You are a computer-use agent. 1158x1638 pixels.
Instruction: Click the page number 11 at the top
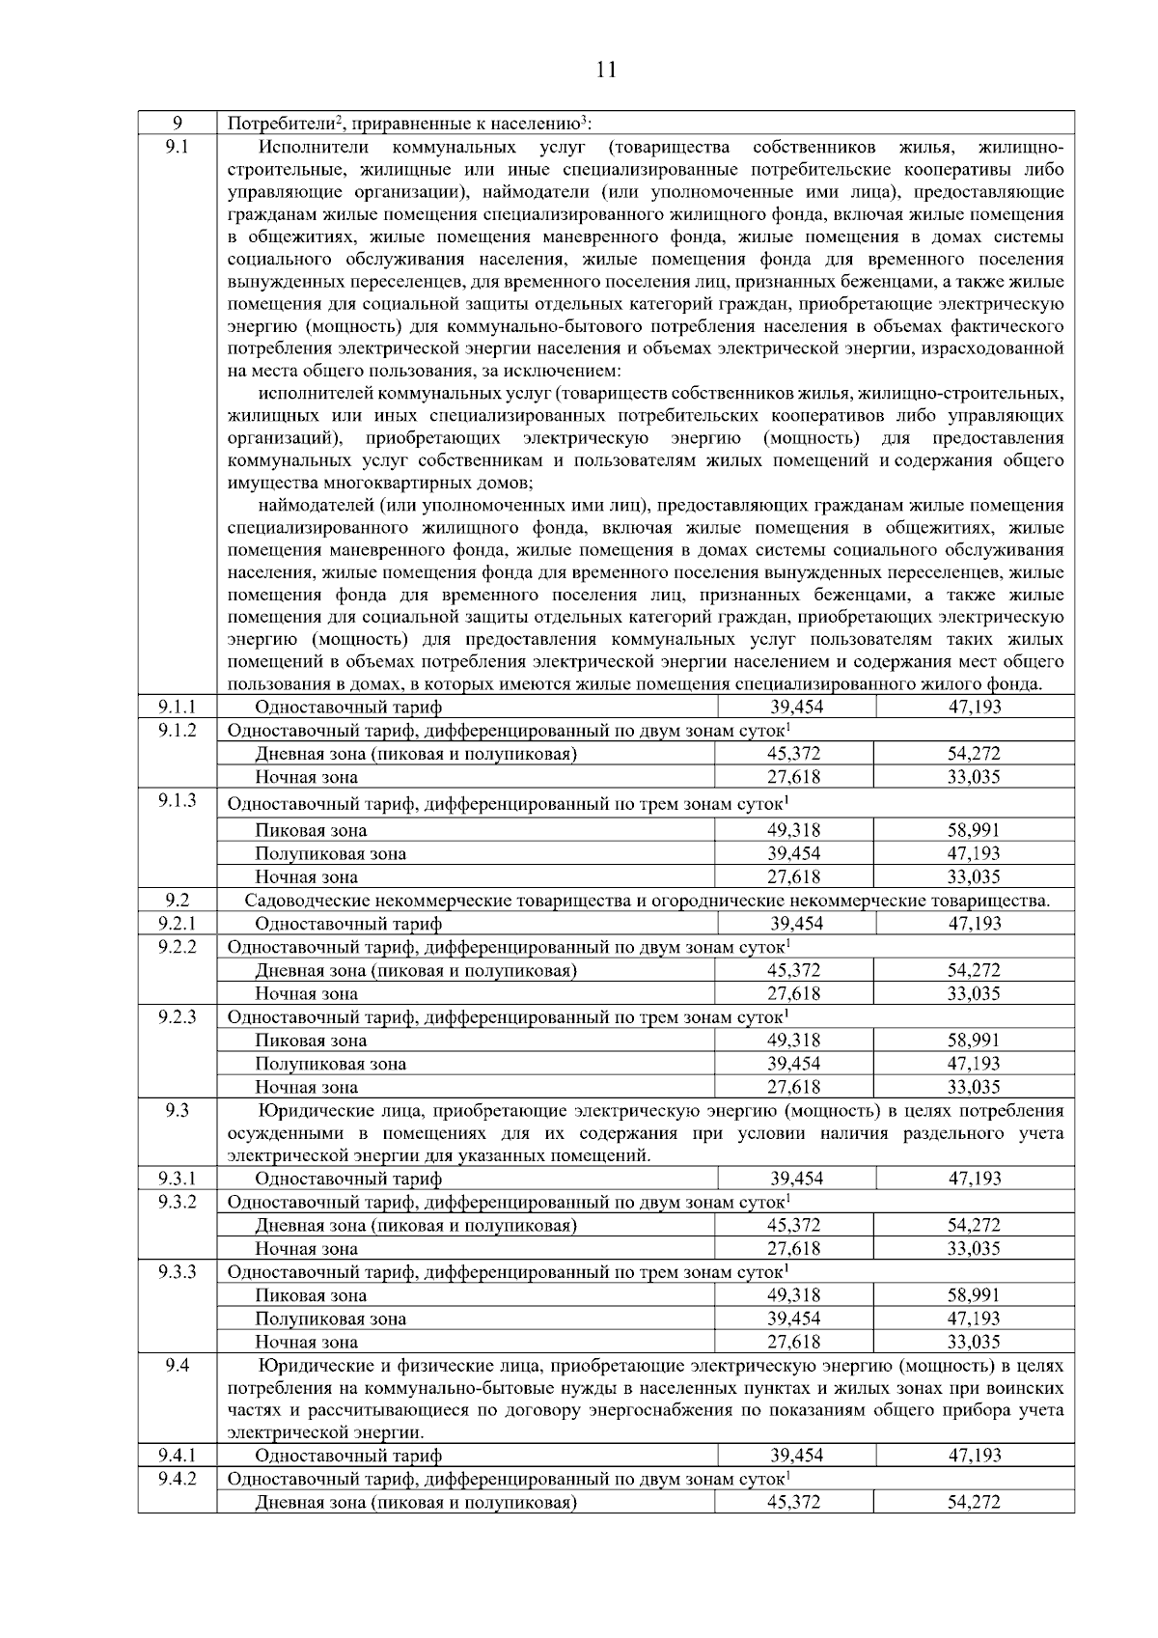605,69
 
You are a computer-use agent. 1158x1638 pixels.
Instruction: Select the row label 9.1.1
178,708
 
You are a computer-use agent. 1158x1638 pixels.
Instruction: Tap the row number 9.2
178,901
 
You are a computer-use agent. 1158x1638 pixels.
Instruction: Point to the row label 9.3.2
178,1202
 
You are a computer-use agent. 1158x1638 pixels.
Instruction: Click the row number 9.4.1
178,1456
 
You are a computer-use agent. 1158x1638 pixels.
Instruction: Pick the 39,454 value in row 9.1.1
796,708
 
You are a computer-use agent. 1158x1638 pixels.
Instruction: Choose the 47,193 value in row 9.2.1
975,924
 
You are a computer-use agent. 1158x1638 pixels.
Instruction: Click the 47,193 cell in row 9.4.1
975,1456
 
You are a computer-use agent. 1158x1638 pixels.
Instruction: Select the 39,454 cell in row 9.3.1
796,1179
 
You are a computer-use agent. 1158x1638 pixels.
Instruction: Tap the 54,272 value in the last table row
975,1503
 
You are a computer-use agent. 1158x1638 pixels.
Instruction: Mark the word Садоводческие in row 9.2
299,902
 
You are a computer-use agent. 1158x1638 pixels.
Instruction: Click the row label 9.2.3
178,1016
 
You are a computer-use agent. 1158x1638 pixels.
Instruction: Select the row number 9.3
178,1111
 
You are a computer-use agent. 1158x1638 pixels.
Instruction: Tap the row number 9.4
178,1366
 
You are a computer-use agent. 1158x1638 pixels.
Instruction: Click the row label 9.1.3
178,800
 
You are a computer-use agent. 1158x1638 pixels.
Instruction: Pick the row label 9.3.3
178,1272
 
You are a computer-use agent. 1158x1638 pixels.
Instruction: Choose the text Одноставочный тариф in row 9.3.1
348,1179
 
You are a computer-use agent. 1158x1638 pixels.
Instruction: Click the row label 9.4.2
178,1479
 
